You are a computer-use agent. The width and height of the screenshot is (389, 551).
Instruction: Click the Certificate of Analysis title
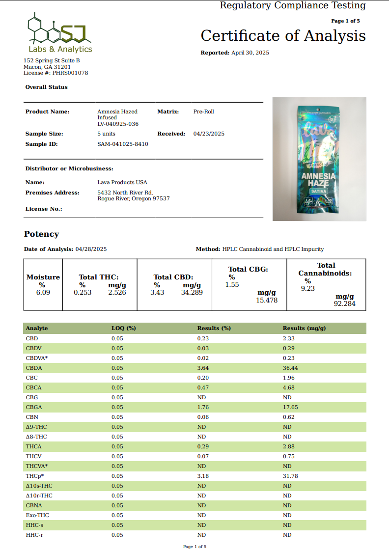(283, 36)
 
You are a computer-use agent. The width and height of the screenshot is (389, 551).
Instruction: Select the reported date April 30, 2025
(250, 53)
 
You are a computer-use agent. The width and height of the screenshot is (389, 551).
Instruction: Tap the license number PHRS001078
(70, 73)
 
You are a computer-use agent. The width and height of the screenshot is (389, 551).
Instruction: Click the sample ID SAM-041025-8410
(123, 144)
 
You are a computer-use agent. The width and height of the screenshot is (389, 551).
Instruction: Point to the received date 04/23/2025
(209, 134)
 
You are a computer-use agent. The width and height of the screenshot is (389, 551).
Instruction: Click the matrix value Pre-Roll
(204, 111)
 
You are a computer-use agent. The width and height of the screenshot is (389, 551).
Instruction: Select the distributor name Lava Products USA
(122, 182)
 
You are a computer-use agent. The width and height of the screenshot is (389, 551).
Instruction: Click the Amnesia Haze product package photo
(319, 158)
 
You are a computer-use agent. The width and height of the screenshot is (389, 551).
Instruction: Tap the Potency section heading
(42, 234)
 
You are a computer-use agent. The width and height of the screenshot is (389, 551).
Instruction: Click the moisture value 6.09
(43, 292)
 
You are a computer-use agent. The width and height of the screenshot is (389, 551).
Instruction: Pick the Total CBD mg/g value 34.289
(192, 292)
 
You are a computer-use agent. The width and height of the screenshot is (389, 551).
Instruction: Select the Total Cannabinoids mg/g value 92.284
(344, 304)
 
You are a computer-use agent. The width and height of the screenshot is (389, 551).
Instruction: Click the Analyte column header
(37, 328)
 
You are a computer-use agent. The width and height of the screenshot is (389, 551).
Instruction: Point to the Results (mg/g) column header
(304, 328)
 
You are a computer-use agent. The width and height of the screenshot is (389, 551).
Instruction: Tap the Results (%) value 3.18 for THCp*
(203, 476)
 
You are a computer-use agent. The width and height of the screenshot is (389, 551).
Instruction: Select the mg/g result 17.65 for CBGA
(290, 407)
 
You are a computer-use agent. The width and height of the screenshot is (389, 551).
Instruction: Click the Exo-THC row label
(37, 515)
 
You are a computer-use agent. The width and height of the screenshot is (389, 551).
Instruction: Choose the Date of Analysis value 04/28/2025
(91, 249)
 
